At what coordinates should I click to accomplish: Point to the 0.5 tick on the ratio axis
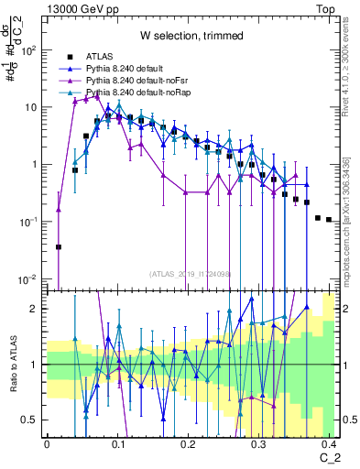(x=36, y=420)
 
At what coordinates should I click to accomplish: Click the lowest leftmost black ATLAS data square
(x=59, y=246)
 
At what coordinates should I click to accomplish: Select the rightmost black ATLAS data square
(x=328, y=220)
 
